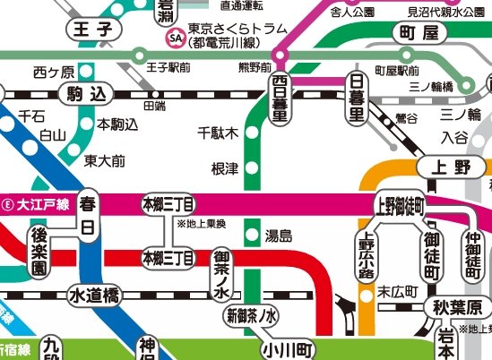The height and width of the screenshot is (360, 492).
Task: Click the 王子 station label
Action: coord(93,30)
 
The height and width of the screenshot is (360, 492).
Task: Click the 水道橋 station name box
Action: coord(93,295)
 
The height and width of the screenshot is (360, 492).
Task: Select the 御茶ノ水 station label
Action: coord(222,275)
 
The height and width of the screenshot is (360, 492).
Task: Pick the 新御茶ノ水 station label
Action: coord(252,315)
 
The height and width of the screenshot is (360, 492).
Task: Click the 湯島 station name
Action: coord(280,236)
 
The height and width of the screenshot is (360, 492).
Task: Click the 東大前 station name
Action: coord(105,161)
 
